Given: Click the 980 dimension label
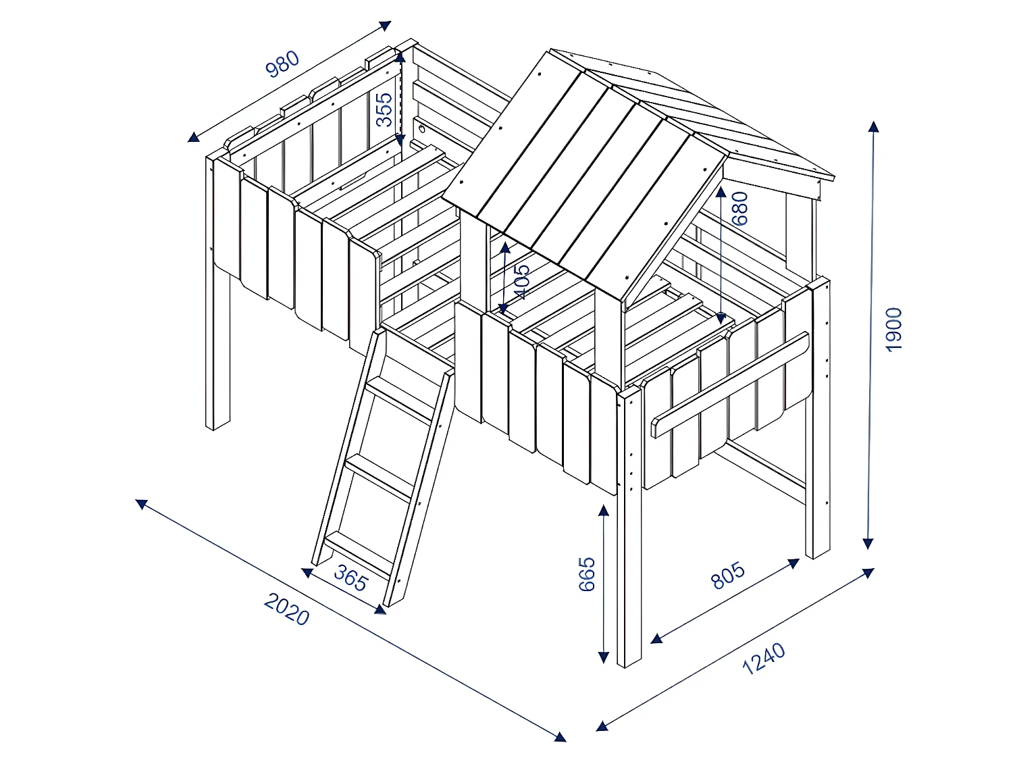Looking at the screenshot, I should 283,64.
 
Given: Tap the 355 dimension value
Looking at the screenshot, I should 384,109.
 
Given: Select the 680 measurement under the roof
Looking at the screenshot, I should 740,208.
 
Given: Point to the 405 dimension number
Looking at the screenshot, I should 521,281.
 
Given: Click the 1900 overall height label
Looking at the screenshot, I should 893,330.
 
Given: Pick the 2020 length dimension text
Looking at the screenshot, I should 286,609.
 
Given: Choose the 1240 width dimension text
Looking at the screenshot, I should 764,659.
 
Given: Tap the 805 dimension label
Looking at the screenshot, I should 729,575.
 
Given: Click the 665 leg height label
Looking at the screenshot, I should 587,574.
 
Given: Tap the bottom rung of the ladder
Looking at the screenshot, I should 358,551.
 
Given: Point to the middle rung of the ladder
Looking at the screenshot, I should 379,476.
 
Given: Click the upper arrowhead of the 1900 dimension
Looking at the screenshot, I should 873,126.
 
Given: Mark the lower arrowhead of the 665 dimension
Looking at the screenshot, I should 604,657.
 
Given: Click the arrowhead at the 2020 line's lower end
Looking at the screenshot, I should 560,736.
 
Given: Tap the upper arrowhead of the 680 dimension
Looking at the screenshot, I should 721,193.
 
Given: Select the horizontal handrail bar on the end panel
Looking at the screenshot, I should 729,385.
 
